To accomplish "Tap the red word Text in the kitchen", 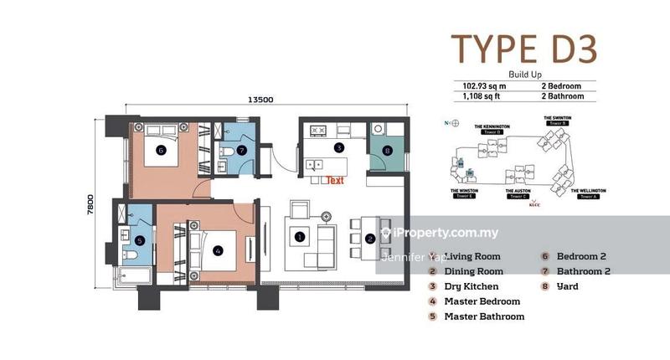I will point(335,180).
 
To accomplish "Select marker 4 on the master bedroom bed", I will point(218,249).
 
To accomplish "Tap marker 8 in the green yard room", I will point(387,152).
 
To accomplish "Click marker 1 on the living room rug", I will point(299,238).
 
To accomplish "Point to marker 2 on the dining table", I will point(369,239).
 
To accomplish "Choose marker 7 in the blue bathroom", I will point(241,151).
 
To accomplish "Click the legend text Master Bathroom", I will point(484,316).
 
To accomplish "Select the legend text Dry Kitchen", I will point(472,286).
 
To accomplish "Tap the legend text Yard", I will point(567,286).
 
